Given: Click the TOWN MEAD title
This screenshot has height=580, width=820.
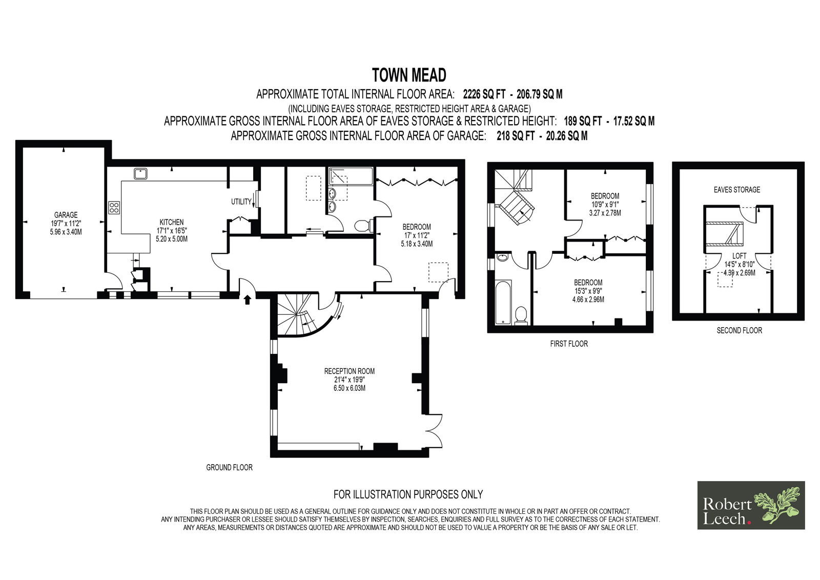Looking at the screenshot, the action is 409,75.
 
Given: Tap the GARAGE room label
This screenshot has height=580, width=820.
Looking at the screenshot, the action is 66,215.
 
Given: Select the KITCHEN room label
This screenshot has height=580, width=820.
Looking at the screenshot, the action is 171,223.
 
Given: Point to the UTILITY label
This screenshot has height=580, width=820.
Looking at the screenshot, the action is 241,202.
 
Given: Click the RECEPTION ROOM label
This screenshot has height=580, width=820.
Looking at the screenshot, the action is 349,371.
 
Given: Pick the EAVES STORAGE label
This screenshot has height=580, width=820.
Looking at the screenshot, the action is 737,190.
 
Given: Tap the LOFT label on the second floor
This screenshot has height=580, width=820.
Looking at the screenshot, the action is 740,256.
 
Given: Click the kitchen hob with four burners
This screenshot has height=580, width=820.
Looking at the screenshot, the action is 114,208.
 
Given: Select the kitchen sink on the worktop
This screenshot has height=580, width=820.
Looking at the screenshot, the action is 140,174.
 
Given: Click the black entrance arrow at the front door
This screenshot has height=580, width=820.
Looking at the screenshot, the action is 248,299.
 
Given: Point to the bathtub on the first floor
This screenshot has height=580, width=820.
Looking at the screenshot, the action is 503,303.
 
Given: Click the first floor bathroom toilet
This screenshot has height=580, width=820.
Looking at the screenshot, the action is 521,316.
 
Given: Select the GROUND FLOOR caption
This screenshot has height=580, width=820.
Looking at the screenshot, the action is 229,468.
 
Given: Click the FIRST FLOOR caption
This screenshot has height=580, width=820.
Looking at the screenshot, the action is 569,344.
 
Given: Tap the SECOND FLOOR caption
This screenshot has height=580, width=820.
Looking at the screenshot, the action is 739,330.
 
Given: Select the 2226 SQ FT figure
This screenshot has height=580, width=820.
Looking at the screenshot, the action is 484,94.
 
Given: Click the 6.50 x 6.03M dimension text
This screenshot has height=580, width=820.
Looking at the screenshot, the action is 349,388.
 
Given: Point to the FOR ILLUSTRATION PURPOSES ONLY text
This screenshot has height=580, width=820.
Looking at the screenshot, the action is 408,495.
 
